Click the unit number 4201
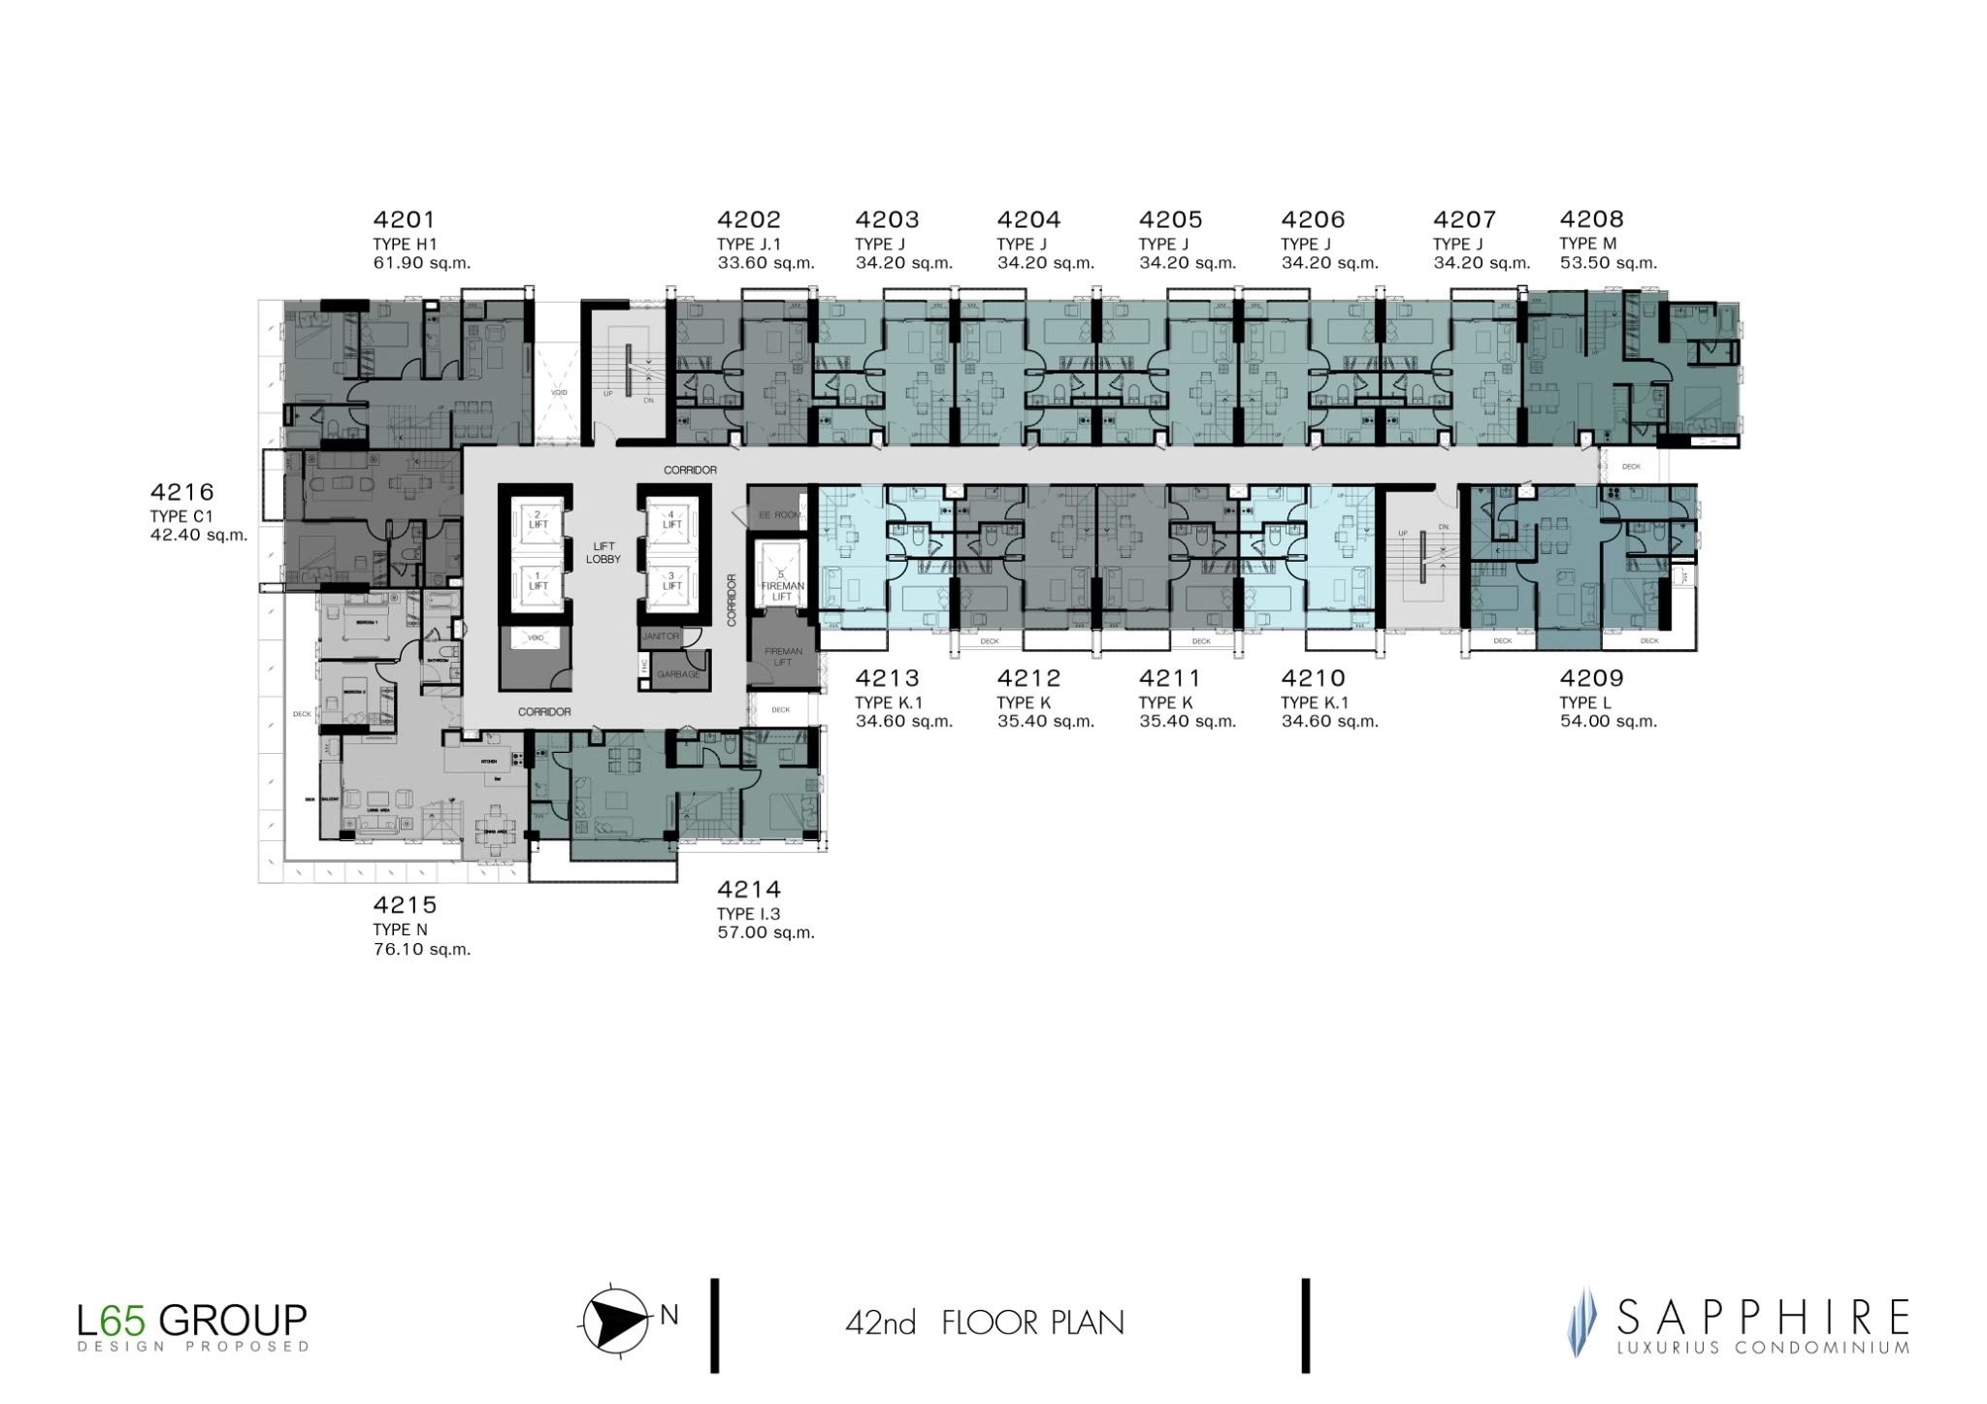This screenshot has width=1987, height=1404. [x=404, y=220]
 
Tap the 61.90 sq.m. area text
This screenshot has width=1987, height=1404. [x=421, y=263]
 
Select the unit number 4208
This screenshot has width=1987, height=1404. [x=1591, y=220]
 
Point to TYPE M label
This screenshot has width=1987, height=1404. [x=1588, y=244]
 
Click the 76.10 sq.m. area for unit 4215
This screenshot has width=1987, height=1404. [x=421, y=949]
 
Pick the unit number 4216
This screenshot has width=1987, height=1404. [x=181, y=493]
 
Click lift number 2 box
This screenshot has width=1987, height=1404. [x=537, y=520]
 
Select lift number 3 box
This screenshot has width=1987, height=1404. [x=672, y=580]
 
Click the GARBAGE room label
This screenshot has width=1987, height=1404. [x=677, y=673]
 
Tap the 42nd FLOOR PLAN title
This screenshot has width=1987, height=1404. [x=984, y=1322]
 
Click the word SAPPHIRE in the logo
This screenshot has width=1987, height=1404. [x=1762, y=1318]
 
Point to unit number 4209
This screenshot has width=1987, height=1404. [x=1591, y=678]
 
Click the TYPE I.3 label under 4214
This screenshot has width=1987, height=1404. [x=748, y=913]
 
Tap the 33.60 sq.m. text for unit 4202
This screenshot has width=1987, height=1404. [x=765, y=263]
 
